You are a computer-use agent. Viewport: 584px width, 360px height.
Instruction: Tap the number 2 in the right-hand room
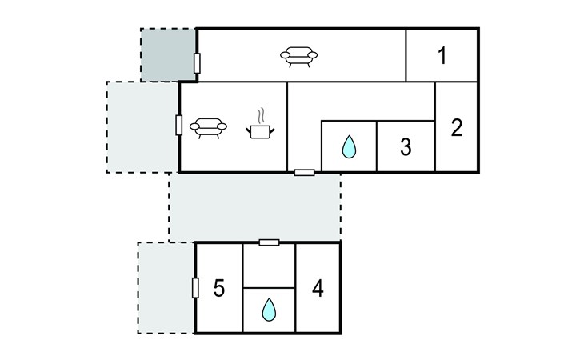coord(457,127)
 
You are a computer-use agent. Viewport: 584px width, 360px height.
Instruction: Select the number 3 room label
coord(406,147)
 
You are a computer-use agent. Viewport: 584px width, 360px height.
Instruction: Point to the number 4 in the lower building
coord(318,287)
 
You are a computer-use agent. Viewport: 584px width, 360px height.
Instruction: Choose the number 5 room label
coord(219,288)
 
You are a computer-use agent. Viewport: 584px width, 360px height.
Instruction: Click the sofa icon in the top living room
coord(298,55)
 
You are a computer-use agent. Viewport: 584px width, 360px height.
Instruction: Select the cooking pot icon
coord(260,130)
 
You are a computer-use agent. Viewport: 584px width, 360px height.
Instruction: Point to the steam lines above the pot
coord(260,115)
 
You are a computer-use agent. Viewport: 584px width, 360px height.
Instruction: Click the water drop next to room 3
coord(349,147)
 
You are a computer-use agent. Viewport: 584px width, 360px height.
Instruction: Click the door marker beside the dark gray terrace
coord(197,62)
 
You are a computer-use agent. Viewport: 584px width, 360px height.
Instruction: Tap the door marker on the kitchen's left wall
coord(178,126)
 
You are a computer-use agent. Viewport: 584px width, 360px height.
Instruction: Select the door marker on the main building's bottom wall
coord(304,172)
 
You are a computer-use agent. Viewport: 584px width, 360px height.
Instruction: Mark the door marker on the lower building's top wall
coord(269,242)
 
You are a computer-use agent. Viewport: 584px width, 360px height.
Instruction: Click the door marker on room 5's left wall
coord(195,287)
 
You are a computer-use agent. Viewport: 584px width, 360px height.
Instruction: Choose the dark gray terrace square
coord(168,54)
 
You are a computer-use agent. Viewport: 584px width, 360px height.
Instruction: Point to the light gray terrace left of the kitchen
coord(142,126)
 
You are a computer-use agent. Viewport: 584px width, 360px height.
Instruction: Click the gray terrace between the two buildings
coord(255,206)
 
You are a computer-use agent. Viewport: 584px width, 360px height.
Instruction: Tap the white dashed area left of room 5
coord(166,287)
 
